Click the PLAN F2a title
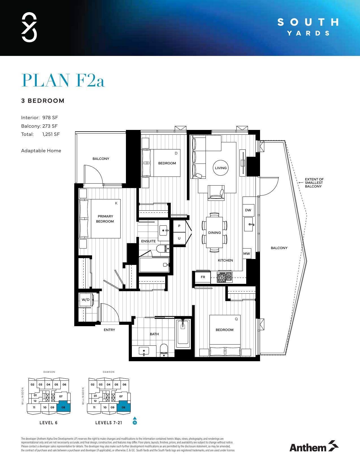pyautogui.click(x=63, y=80)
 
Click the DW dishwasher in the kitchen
pyautogui.click(x=248, y=210)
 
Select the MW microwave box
pyautogui.click(x=246, y=254)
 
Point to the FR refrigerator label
pyautogui.click(x=203, y=277)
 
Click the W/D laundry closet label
pyautogui.click(x=86, y=300)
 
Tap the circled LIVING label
pyautogui.click(x=221, y=168)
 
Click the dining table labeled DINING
pyautogui.click(x=214, y=232)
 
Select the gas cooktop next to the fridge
pyautogui.click(x=224, y=277)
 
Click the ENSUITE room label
pyautogui.click(x=148, y=241)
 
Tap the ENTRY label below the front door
pyautogui.click(x=109, y=330)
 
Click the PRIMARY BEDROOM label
pyautogui.click(x=105, y=219)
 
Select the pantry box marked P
pyautogui.click(x=179, y=226)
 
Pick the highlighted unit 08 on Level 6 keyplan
pyautogui.click(x=63, y=407)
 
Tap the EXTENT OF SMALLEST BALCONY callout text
pyautogui.click(x=314, y=183)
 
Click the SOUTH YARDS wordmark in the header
pyautogui.click(x=308, y=27)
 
